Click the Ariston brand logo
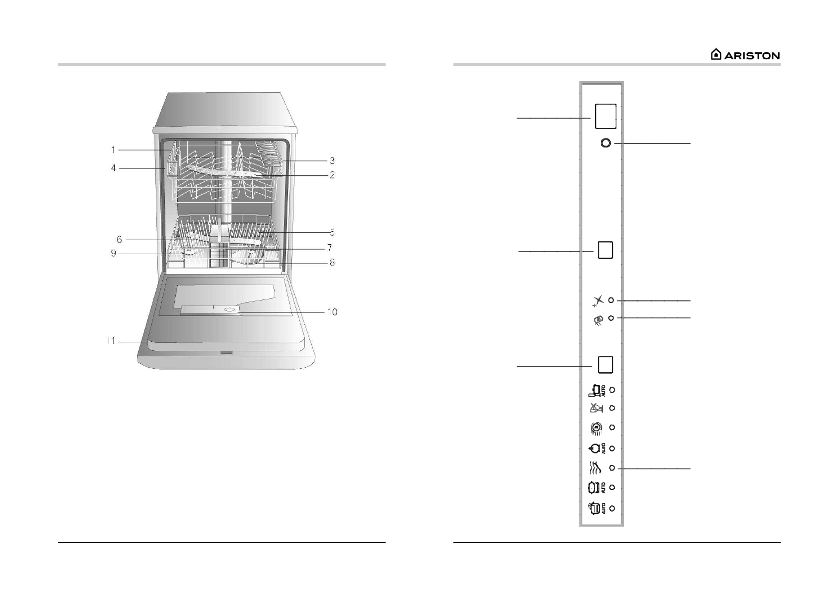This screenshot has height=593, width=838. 745,55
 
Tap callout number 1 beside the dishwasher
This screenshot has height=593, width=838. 114,150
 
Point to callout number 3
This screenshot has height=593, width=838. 332,161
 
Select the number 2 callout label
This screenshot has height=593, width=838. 332,175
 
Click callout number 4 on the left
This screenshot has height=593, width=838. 114,168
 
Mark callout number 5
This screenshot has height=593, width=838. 332,232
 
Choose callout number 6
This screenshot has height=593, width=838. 120,239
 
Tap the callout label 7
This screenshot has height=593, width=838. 330,248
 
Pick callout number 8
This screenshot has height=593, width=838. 332,263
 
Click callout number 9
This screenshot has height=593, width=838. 114,253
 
